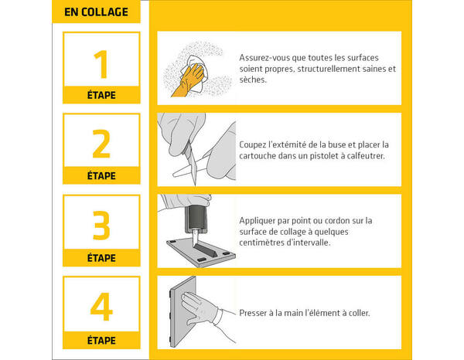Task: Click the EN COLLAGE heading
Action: coord(97,13)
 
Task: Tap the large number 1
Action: coord(101,64)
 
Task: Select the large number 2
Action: coord(101,145)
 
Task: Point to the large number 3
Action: coord(101,226)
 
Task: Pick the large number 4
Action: coord(101,307)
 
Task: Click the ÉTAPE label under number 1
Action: coord(101,96)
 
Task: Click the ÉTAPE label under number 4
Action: coord(101,339)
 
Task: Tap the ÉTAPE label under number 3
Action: coord(101,258)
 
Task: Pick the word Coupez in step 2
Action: coord(256,144)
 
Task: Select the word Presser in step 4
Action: coord(256,313)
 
